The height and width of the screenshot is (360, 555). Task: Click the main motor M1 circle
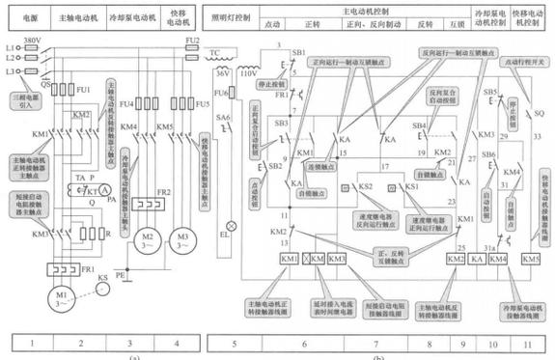click(x=60, y=293)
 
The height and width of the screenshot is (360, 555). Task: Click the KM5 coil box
click(x=530, y=260)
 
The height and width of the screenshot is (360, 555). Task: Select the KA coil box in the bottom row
click(x=476, y=260)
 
